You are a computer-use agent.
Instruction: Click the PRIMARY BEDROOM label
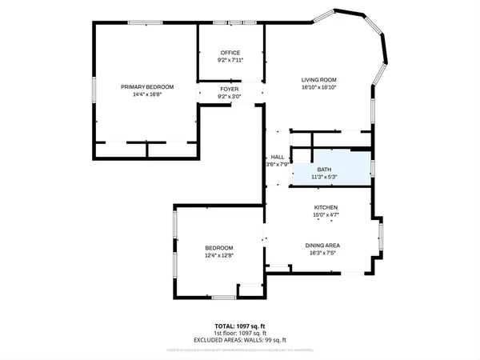click(x=147, y=86)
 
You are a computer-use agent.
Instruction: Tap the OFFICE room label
click(x=230, y=53)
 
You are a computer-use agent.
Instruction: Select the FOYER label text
click(x=230, y=90)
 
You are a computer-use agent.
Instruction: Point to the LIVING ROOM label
click(x=318, y=80)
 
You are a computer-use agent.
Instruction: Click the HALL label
click(x=277, y=157)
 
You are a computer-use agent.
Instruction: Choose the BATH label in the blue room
click(x=324, y=170)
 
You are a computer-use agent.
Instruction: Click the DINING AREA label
click(x=323, y=245)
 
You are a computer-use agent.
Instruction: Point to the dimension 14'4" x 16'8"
click(x=147, y=94)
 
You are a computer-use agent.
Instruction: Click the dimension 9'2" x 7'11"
click(x=230, y=60)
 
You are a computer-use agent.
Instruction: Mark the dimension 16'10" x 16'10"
click(x=318, y=88)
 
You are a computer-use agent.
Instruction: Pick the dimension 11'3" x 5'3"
click(x=324, y=177)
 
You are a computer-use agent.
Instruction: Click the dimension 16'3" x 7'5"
click(x=323, y=253)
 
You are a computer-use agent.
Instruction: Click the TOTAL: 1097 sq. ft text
click(x=239, y=326)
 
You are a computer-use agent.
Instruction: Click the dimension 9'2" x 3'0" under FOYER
click(x=230, y=97)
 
